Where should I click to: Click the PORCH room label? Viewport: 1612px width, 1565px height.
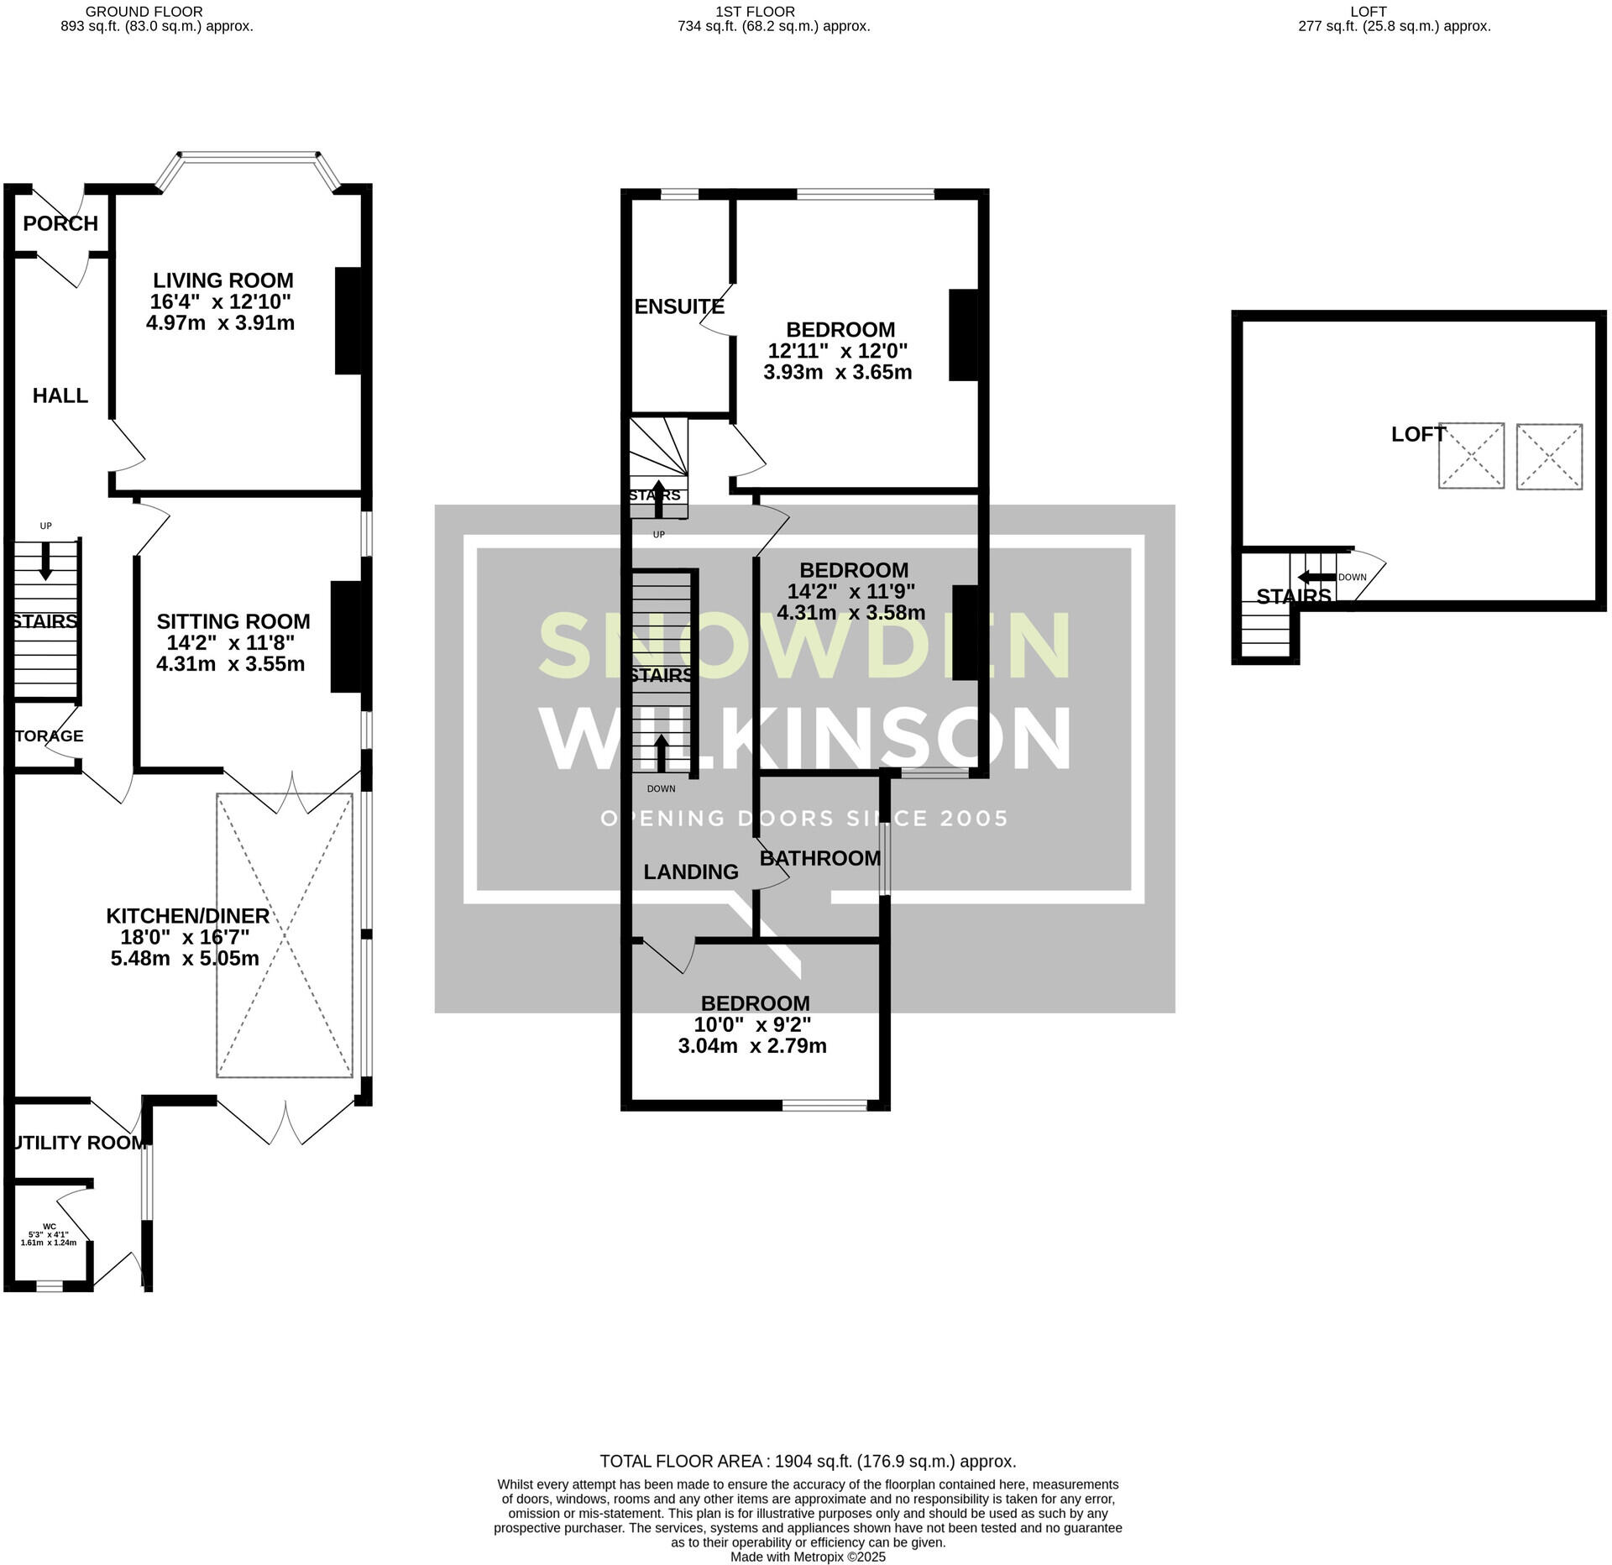click(60, 223)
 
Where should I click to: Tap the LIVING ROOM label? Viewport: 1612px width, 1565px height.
click(222, 280)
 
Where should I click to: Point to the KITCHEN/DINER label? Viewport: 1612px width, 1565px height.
click(187, 916)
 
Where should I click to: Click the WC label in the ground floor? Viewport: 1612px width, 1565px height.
click(50, 1227)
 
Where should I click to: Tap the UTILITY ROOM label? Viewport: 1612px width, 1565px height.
click(81, 1143)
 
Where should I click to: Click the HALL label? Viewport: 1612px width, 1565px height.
click(60, 395)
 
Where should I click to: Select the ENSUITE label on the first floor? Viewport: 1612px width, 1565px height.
click(678, 306)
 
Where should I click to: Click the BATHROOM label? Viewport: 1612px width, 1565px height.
click(819, 858)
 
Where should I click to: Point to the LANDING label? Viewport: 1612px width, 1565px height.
click(691, 872)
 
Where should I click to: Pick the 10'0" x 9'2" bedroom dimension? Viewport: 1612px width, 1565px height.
click(752, 1025)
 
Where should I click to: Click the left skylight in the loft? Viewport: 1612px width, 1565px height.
click(1471, 456)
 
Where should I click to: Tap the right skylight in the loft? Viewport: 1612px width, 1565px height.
click(1549, 457)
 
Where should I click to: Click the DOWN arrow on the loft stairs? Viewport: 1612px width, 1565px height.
click(1316, 577)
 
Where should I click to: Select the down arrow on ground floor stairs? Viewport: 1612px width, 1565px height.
click(45, 560)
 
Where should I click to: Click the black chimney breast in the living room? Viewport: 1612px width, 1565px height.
click(348, 320)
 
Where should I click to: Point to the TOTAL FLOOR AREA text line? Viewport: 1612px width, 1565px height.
click(808, 1462)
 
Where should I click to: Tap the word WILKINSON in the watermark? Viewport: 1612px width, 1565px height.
click(805, 739)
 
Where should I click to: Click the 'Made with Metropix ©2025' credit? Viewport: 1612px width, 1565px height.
click(808, 1557)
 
